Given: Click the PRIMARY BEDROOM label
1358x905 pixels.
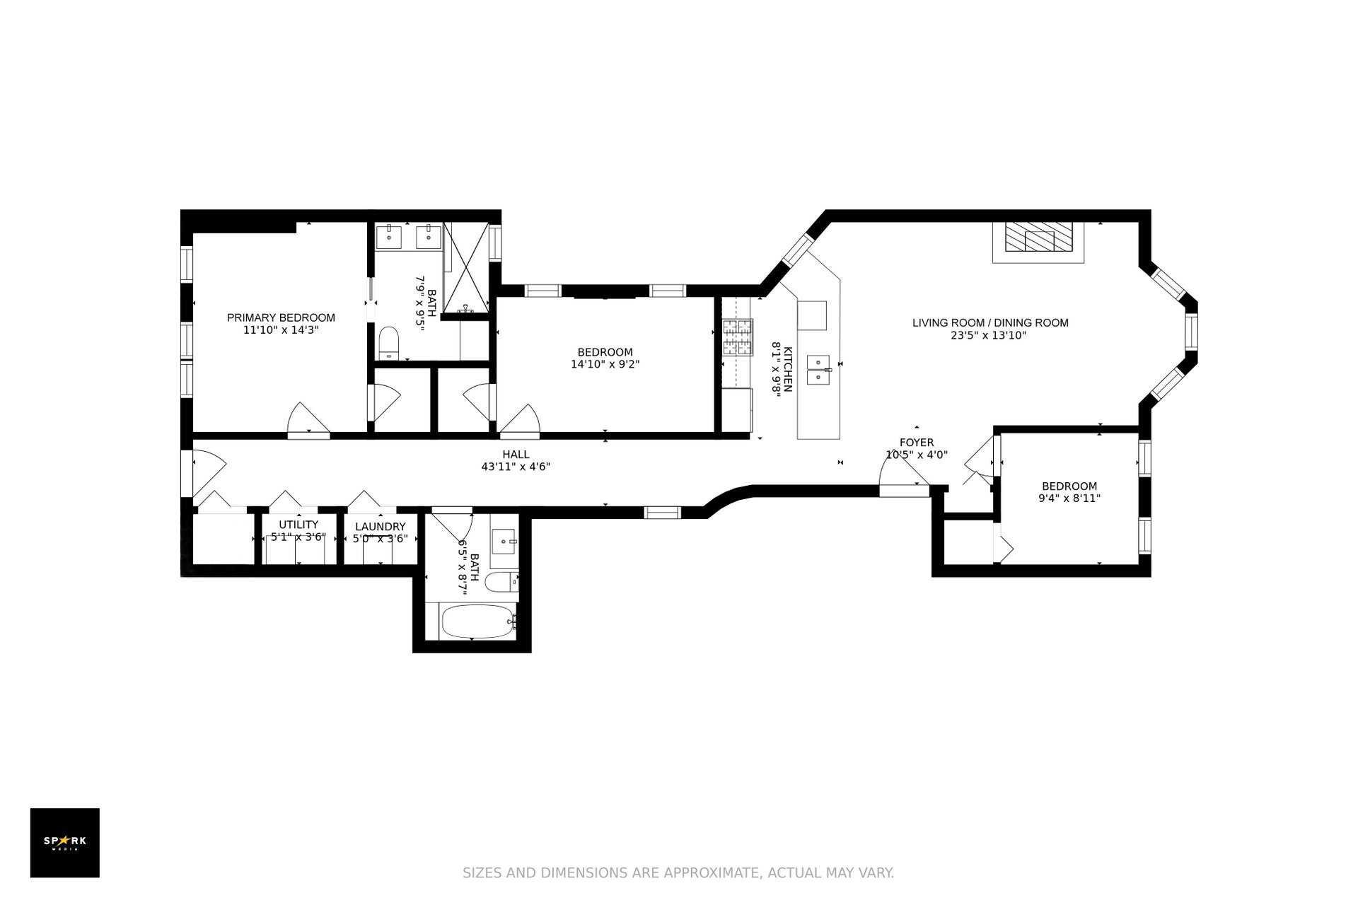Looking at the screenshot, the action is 281,317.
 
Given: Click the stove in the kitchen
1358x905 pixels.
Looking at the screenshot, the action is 736,338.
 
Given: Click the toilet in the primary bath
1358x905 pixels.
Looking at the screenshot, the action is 389,344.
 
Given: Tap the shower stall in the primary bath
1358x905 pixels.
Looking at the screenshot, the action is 467,267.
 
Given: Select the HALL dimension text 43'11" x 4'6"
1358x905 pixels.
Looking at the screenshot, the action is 516,467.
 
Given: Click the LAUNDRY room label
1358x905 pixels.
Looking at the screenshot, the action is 381,527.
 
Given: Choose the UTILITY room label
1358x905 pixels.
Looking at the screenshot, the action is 298,525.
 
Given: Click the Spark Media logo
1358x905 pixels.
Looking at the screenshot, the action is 65,843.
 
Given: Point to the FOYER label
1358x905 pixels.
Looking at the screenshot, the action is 917,443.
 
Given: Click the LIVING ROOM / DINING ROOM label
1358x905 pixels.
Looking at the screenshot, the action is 990,323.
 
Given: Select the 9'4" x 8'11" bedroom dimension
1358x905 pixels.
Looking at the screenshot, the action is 1069,498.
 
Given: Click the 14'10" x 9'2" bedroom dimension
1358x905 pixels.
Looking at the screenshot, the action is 605,365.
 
